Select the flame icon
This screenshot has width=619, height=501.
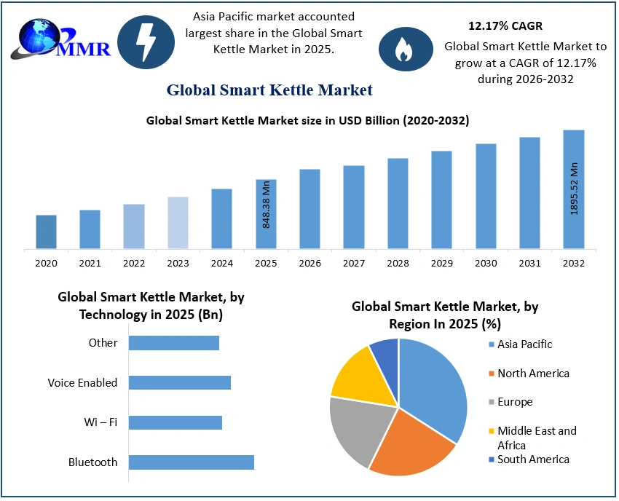pos(401,50)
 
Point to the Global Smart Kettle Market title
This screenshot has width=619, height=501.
pos(269,90)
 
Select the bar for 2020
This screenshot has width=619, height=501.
pos(46,232)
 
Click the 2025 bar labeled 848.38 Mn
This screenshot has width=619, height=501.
pos(266,214)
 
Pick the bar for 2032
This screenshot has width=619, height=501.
pos(573,189)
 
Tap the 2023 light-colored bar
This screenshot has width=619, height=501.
pos(178,223)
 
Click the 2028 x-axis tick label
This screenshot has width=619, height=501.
pos(398,263)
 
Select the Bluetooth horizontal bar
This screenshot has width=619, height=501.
pos(191,462)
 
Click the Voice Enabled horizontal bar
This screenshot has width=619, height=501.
pos(179,382)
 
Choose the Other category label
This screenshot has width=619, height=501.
pos(103,342)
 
